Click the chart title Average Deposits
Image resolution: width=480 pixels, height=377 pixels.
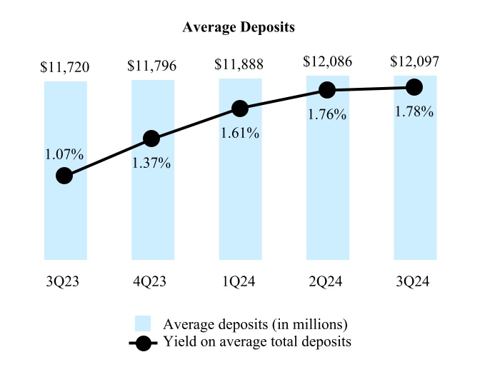click(x=239, y=27)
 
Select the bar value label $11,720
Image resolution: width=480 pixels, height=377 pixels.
click(x=65, y=69)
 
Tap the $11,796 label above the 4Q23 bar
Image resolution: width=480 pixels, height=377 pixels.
click(x=152, y=69)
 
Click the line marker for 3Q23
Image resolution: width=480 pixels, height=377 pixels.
click(x=64, y=176)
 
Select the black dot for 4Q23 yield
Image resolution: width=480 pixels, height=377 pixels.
click(x=151, y=139)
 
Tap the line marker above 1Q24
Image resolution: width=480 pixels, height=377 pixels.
click(x=240, y=109)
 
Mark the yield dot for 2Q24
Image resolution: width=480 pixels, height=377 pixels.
click(x=327, y=90)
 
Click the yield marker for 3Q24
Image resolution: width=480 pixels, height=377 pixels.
click(x=414, y=87)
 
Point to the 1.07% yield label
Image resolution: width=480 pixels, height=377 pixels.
click(x=65, y=154)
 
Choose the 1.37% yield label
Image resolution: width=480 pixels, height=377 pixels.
click(x=151, y=163)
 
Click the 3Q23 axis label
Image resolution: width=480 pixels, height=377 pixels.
click(x=65, y=282)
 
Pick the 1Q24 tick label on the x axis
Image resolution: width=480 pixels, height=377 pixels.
click(x=239, y=282)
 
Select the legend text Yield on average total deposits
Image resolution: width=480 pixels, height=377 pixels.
click(x=257, y=342)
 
